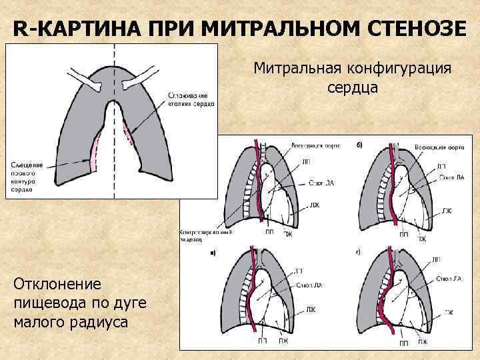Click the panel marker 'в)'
(x=213, y=253)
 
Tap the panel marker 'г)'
(x=359, y=253)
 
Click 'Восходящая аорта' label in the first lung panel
(x=311, y=145)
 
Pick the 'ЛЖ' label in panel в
(x=311, y=310)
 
